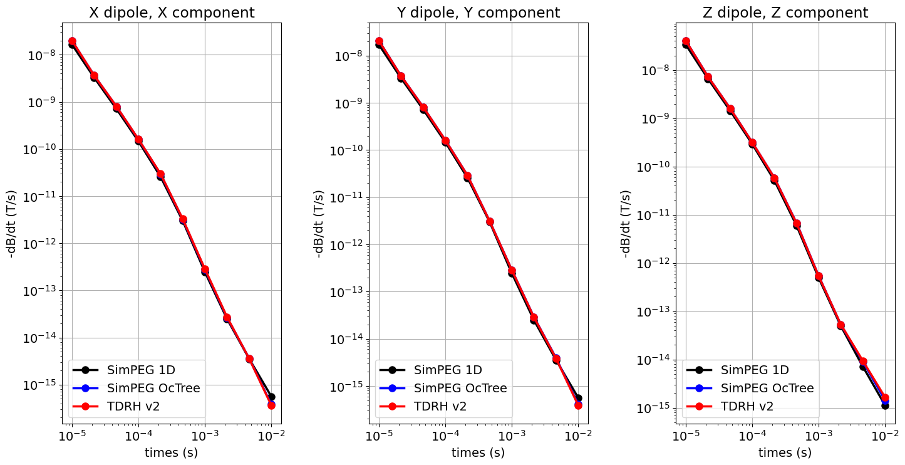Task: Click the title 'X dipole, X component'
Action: (172, 13)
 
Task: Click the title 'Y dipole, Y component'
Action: (478, 13)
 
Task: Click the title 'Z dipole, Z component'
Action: (785, 13)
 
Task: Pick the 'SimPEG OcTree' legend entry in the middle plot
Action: (460, 388)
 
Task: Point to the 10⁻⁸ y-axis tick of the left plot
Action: (42, 55)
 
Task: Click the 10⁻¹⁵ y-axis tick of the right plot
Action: (654, 408)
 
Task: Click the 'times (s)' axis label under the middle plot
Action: (478, 452)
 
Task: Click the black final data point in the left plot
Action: (271, 397)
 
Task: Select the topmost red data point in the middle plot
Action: (379, 41)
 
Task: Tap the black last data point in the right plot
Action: (885, 405)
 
